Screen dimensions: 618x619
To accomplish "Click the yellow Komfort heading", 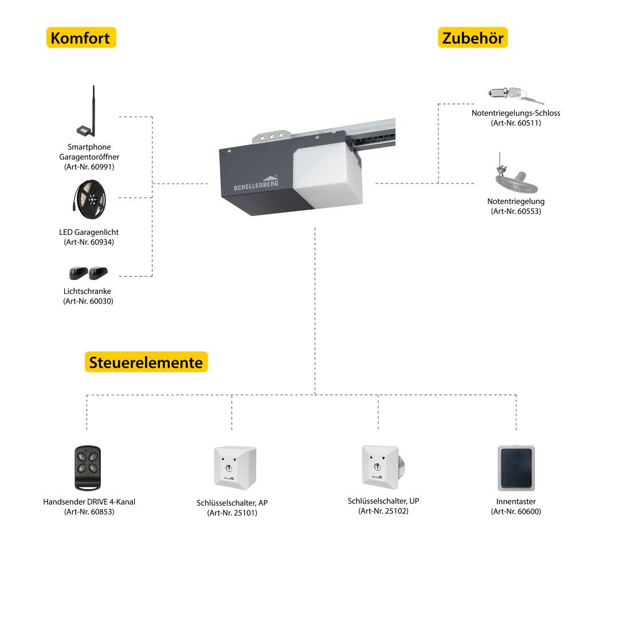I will tap(80, 38).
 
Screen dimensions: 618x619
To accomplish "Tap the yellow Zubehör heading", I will tap(473, 38).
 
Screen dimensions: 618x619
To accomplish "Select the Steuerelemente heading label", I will tap(146, 363).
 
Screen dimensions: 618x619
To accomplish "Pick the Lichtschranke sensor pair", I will tap(88, 273).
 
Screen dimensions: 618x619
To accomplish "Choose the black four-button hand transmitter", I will tap(88, 467).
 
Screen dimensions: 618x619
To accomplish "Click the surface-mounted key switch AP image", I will tap(234, 467).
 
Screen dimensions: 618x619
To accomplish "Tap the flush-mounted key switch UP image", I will tap(382, 466).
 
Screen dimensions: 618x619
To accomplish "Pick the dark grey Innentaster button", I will tap(516, 467).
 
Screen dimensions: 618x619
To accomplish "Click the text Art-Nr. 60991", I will tap(89, 167).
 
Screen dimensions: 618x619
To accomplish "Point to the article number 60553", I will tap(516, 211).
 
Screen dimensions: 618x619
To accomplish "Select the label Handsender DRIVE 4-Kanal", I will tap(89, 502).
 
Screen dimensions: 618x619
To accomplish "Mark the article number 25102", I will tap(383, 511).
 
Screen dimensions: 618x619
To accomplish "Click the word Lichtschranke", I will tap(87, 291).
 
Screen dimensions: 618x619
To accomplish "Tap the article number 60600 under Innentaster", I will tap(516, 511).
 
